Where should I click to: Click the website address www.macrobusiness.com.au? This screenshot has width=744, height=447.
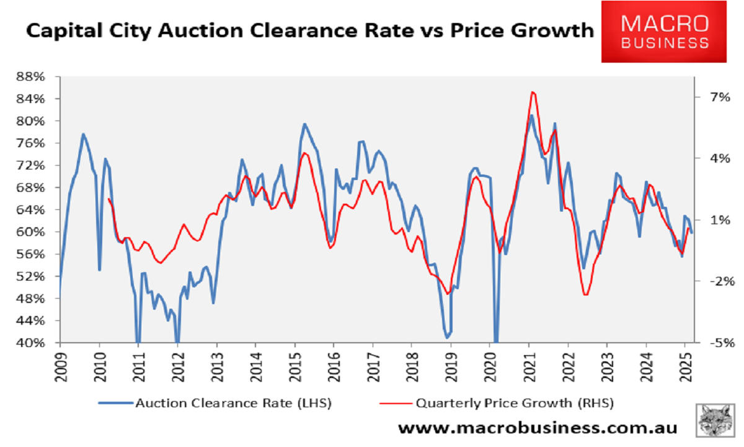(538, 428)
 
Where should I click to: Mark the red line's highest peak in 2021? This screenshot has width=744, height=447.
(533, 92)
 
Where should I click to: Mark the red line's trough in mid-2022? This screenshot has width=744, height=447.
(585, 294)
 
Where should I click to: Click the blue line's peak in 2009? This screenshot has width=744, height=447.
(83, 134)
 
